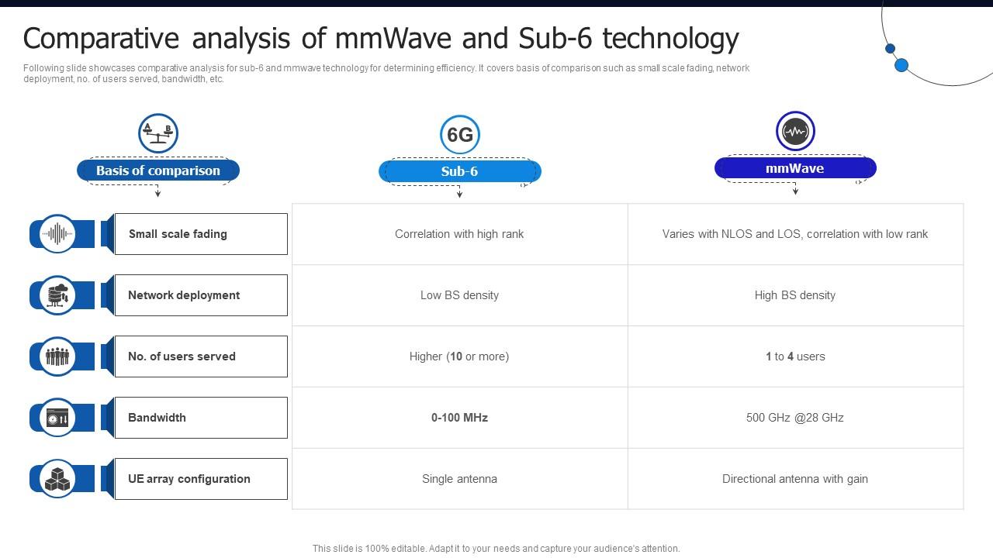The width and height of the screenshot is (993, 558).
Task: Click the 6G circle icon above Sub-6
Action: click(x=459, y=135)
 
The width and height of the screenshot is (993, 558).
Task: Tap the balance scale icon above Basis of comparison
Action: click(x=158, y=133)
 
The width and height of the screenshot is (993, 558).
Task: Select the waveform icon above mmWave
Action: click(x=795, y=131)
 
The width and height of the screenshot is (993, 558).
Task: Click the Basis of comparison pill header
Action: click(x=158, y=170)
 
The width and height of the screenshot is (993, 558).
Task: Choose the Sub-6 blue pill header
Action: click(x=459, y=171)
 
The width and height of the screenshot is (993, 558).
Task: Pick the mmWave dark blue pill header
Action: click(x=795, y=168)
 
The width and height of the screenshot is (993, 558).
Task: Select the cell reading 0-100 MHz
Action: click(x=459, y=418)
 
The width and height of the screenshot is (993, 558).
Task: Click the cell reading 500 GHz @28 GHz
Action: click(x=795, y=418)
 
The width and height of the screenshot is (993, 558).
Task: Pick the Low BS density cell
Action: click(x=459, y=295)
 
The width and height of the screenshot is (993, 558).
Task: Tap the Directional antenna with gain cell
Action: click(x=795, y=479)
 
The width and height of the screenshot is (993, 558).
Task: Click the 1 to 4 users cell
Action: click(x=795, y=356)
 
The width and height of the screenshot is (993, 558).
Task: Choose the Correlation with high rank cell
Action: click(x=459, y=234)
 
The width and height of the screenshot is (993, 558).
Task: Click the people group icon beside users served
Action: click(x=57, y=356)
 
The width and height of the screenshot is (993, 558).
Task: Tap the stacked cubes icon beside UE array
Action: click(x=57, y=479)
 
